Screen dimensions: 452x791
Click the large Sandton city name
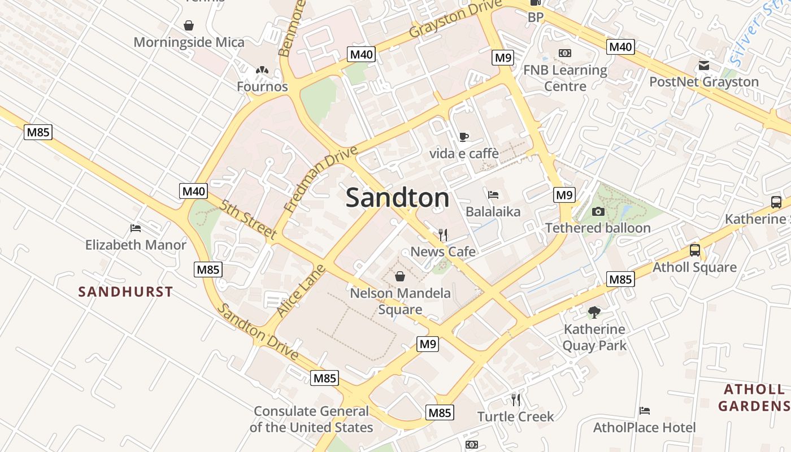click(x=398, y=198)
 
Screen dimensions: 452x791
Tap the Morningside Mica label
click(x=189, y=42)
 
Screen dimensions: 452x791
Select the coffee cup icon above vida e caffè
click(x=463, y=137)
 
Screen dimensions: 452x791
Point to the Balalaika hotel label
click(x=493, y=212)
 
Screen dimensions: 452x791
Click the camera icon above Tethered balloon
click(x=598, y=212)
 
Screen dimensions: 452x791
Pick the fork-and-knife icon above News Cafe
click(x=443, y=234)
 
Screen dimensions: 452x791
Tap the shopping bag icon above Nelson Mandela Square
click(x=400, y=276)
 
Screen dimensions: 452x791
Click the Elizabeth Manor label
click(x=136, y=245)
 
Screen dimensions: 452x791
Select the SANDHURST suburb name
click(x=125, y=292)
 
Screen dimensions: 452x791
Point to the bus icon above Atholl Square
click(x=694, y=250)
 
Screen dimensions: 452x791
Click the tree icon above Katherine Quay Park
click(x=594, y=312)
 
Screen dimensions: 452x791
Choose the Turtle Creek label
click(x=515, y=417)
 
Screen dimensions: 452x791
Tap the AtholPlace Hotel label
click(x=644, y=428)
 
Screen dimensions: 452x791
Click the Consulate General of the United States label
click(x=311, y=419)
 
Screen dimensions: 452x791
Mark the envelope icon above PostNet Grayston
click(x=704, y=66)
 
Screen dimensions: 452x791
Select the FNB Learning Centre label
click(x=565, y=78)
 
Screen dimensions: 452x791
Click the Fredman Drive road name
click(x=321, y=179)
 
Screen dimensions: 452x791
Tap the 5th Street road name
click(x=249, y=220)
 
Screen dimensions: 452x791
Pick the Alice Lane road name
click(x=301, y=290)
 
